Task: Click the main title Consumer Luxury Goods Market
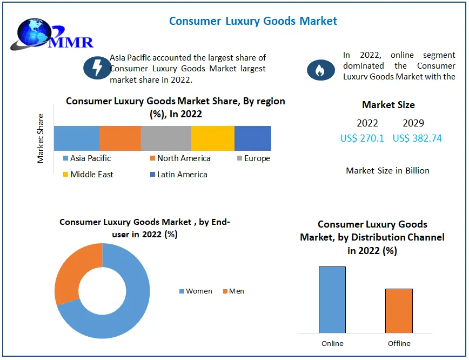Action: click(x=253, y=21)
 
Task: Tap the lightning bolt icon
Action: click(x=97, y=68)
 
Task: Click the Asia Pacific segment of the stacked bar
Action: click(x=76, y=138)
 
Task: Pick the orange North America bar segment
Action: click(x=120, y=138)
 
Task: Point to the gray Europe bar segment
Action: click(x=166, y=138)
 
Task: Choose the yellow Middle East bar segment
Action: click(x=213, y=138)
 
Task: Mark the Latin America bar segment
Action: click(x=253, y=138)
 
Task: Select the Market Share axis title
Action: click(x=41, y=138)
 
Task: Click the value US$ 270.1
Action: click(x=362, y=138)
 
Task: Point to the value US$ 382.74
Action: click(x=417, y=138)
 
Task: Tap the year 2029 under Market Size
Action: click(x=413, y=123)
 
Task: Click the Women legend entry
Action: click(x=196, y=291)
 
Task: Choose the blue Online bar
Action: click(x=332, y=299)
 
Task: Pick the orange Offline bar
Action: click(x=399, y=310)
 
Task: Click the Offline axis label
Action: click(x=399, y=343)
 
